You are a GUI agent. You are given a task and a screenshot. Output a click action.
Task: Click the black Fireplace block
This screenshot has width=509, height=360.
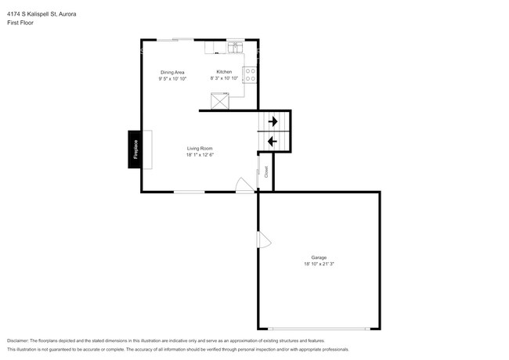tap(135, 149)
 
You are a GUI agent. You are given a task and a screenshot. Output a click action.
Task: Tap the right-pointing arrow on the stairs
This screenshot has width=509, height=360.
tap(273, 121)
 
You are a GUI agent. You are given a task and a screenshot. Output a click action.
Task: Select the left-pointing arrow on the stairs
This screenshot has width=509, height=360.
tap(272, 141)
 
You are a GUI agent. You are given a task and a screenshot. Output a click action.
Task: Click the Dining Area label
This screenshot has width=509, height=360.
tap(171, 72)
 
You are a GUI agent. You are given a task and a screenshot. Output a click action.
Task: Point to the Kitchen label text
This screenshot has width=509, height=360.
tap(224, 72)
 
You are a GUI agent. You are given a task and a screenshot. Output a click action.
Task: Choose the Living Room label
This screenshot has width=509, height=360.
tap(200, 149)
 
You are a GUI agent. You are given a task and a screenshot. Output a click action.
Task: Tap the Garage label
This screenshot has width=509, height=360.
tap(319, 257)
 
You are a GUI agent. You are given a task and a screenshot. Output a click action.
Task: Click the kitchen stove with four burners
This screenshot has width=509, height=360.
tap(251, 75)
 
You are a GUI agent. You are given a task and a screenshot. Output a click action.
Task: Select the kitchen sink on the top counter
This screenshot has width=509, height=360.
tap(233, 49)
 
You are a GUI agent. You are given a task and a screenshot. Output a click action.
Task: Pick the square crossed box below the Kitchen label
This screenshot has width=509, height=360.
tap(221, 100)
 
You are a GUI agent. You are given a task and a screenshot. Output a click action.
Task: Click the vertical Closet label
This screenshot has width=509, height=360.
tap(266, 171)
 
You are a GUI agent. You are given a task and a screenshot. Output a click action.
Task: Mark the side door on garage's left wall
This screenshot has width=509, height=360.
tap(264, 240)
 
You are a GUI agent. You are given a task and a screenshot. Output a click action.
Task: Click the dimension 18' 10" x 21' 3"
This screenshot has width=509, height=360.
tap(319, 264)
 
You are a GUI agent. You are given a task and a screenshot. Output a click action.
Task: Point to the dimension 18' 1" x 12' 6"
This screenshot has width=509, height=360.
tap(200, 155)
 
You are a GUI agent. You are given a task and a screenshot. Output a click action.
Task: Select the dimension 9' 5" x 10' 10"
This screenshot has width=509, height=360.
tap(171, 78)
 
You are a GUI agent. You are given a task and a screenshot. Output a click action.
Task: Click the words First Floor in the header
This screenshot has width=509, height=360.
tap(20, 23)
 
